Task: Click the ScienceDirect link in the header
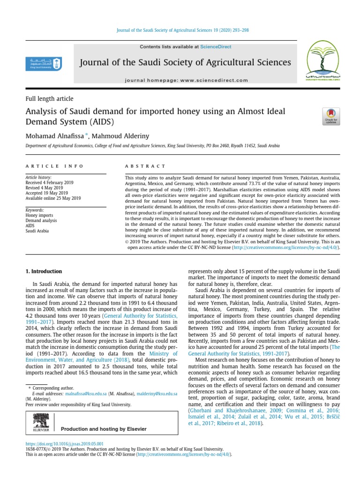click(216, 47)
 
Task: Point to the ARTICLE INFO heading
click(54, 166)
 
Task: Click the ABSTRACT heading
click(145, 166)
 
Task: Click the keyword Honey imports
click(40, 216)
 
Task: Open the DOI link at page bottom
click(64, 444)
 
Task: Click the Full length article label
click(49, 99)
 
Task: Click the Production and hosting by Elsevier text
click(104, 429)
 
